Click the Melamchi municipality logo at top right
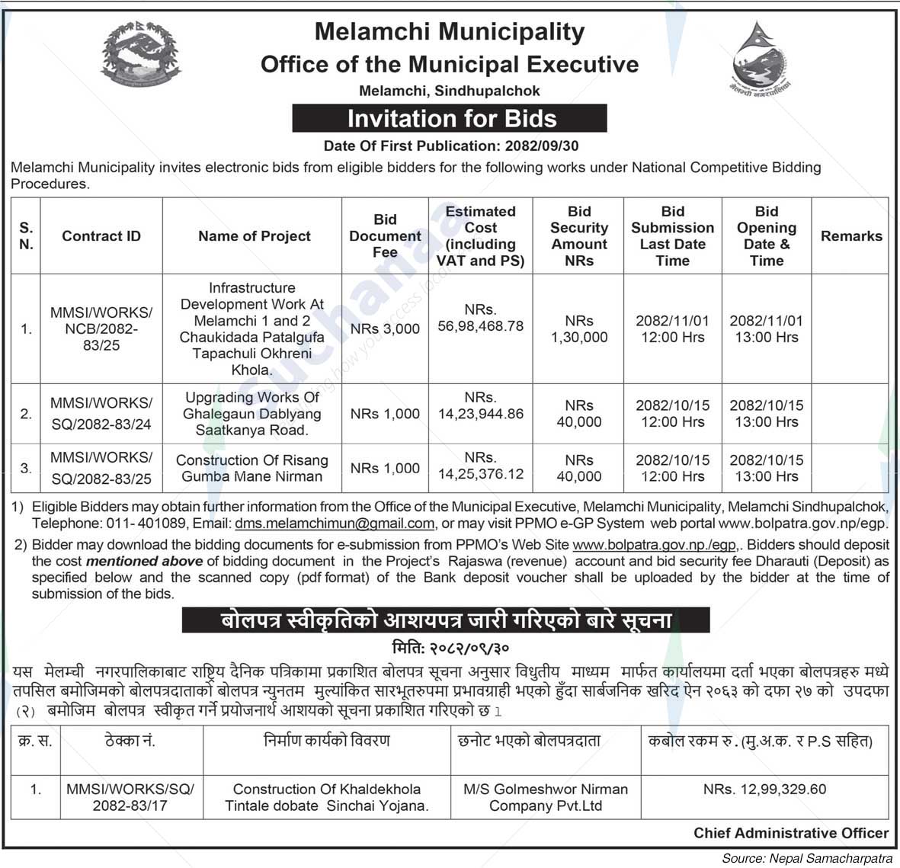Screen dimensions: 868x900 tap(758, 59)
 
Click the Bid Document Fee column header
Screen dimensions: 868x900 tap(385, 235)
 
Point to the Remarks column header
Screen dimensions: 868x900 tap(850, 236)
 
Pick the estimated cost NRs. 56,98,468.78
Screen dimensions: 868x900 tap(480, 318)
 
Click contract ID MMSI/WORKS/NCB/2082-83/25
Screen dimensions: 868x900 tap(101, 328)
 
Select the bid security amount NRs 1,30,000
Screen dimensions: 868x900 tap(579, 328)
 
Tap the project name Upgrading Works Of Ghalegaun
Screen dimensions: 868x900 tap(252, 413)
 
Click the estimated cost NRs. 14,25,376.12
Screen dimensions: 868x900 tap(480, 466)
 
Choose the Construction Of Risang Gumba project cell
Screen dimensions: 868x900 tap(252, 468)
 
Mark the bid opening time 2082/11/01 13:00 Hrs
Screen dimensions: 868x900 tap(766, 328)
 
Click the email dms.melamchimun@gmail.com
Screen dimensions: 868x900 tap(335, 524)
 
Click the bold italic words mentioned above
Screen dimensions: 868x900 tap(144, 561)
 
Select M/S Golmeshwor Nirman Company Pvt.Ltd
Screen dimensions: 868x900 tap(546, 797)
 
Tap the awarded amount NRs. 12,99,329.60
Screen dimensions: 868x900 tap(764, 790)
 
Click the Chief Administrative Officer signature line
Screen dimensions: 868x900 tap(790, 833)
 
